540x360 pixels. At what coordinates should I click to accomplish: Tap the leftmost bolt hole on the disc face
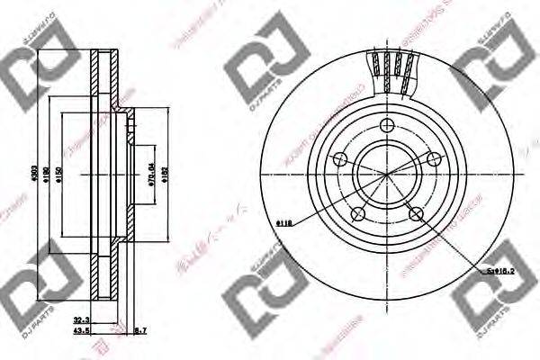(x=339, y=159)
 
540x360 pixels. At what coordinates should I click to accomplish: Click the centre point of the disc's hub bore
(x=388, y=174)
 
